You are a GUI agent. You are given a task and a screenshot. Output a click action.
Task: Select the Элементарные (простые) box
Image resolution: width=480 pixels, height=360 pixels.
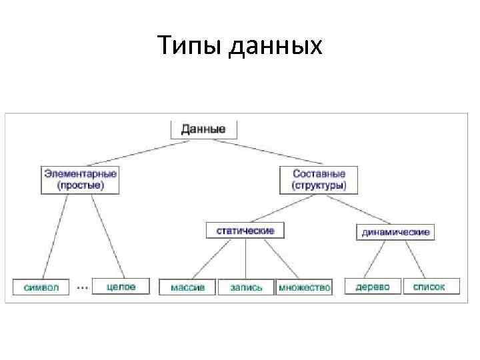click(x=80, y=180)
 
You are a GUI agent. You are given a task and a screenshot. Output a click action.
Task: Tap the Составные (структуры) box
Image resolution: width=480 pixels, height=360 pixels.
click(x=319, y=180)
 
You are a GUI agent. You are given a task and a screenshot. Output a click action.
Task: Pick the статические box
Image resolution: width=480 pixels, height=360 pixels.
click(x=245, y=231)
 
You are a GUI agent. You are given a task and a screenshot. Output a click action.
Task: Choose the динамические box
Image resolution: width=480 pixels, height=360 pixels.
click(x=396, y=232)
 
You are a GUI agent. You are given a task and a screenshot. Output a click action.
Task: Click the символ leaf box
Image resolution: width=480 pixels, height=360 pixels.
click(x=41, y=287)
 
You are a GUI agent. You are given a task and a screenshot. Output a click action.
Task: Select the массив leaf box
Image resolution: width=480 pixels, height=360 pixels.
click(x=187, y=287)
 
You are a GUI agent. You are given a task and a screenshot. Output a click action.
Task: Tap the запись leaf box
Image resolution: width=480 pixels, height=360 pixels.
click(x=246, y=287)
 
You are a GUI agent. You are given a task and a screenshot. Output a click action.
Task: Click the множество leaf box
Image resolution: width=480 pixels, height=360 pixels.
click(x=304, y=287)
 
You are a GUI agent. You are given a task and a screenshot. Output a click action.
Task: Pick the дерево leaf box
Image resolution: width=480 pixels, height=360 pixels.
click(x=373, y=287)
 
